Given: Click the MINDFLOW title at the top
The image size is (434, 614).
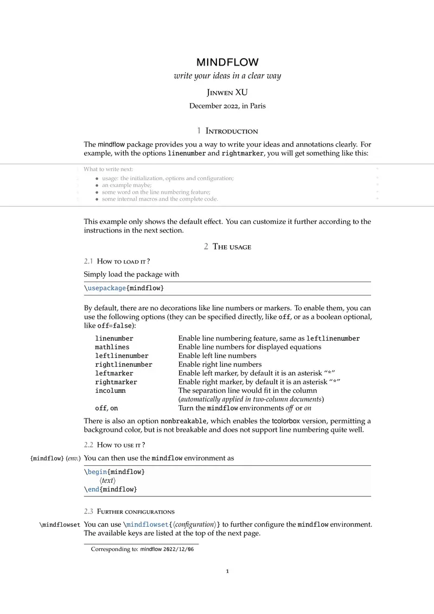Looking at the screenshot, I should click(227, 62).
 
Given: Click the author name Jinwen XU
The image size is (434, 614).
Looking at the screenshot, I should click(227, 92).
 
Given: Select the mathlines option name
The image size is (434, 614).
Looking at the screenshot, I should click(112, 347).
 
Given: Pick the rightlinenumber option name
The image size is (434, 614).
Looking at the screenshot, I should click(124, 364).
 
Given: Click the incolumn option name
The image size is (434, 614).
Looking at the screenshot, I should click(110, 391).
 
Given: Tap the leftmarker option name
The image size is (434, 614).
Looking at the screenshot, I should click(114, 373).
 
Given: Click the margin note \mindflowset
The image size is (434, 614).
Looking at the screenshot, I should click(60, 525).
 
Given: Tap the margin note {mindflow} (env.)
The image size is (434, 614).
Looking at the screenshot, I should click(55, 458).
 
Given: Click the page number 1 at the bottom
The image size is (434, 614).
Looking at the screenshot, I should click(228, 571).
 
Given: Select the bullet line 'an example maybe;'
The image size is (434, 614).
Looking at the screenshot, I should click(126, 185).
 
